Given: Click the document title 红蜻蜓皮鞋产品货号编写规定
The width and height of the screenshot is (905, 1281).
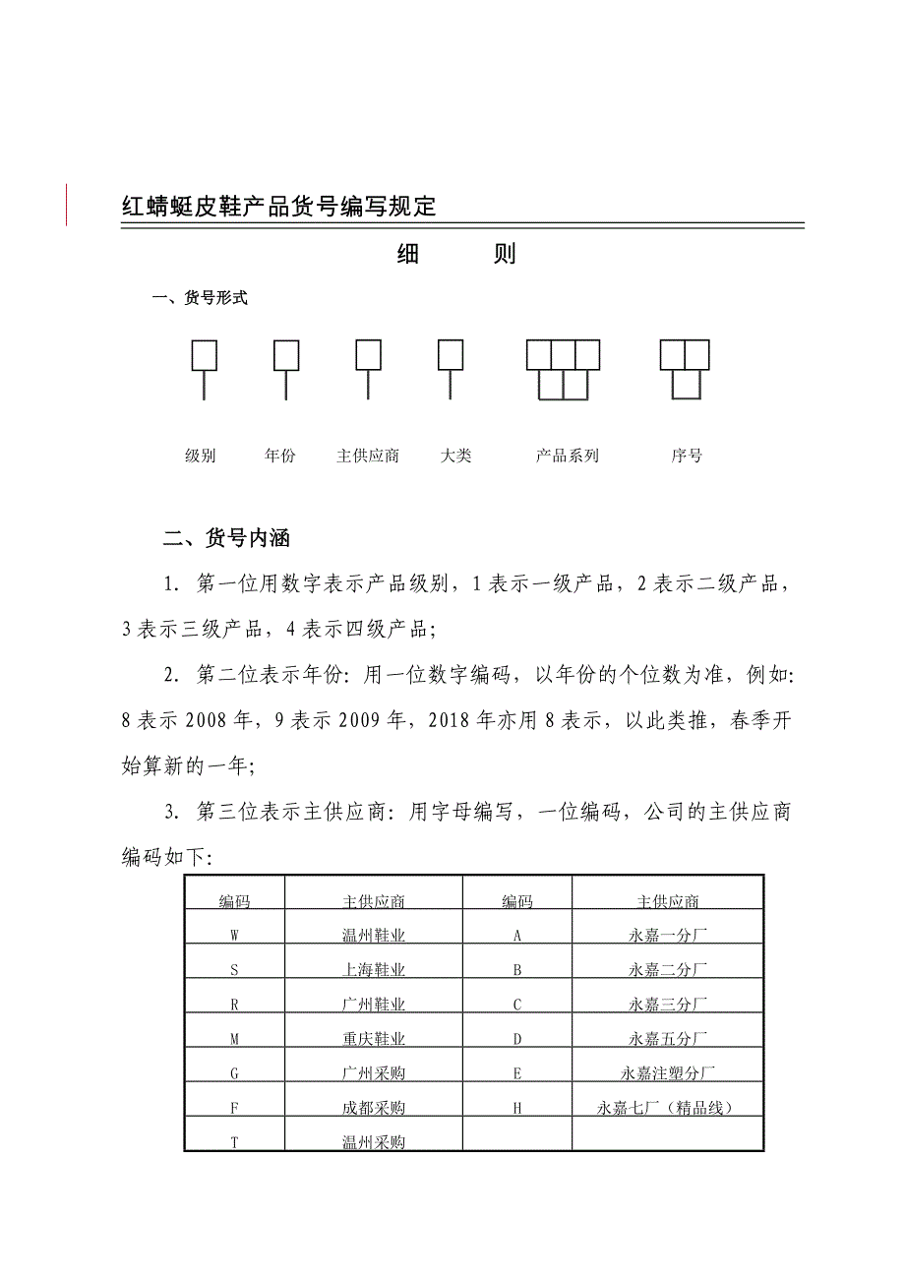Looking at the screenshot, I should point(278,207).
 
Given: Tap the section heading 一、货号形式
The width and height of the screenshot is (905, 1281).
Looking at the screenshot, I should point(200,299).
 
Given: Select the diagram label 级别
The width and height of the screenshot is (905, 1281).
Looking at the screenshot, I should point(201,456).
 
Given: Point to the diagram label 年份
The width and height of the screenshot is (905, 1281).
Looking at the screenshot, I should point(280,456).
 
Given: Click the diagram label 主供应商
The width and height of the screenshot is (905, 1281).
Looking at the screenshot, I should point(368,456).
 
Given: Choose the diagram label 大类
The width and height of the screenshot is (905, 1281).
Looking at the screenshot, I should point(456,456).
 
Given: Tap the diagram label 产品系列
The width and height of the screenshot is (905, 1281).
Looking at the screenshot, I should point(568,456).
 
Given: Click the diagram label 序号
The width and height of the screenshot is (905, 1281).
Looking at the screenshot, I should point(687,456).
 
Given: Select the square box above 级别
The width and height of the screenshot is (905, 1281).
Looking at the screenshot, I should point(204,355).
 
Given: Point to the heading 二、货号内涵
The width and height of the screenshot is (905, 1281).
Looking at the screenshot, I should point(227,539).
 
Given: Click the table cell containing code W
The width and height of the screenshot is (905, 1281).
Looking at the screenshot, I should point(234,936).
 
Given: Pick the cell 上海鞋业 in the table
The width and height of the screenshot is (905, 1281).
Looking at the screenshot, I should point(374,970).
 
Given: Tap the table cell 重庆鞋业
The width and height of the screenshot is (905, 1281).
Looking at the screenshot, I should point(374,1039).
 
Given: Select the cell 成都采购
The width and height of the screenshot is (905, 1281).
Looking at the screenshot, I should point(374,1108).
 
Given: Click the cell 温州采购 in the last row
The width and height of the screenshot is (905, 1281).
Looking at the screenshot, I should point(374,1142).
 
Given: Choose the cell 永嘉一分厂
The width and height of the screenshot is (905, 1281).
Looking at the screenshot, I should point(668,936).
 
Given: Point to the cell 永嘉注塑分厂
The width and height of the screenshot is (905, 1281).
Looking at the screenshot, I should point(668,1073).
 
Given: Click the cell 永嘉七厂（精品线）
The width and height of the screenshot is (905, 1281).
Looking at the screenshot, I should point(668,1108).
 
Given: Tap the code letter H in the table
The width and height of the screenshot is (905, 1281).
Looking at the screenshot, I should point(517,1108).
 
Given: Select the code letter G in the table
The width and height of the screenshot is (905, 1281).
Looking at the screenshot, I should point(234,1073).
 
